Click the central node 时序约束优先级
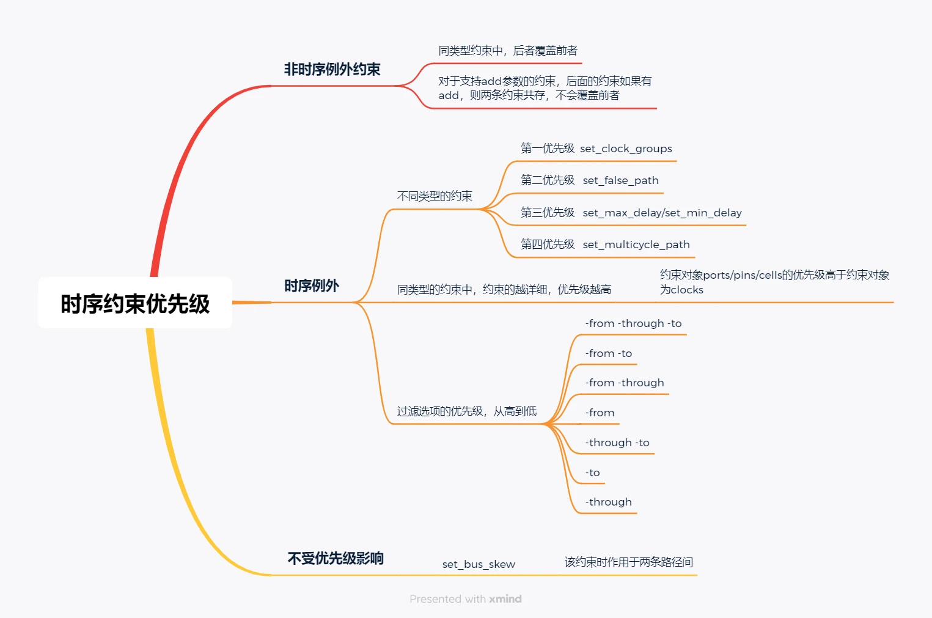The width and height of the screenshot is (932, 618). pos(135,303)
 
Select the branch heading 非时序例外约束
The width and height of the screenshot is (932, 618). pos(332,70)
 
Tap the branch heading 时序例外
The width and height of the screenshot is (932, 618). pos(312,286)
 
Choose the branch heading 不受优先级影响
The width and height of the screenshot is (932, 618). pos(336,558)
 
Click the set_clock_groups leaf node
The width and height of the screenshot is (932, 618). pos(596,149)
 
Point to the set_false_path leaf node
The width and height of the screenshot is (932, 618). pos(590,180)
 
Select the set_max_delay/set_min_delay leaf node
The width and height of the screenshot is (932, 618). pos(631,213)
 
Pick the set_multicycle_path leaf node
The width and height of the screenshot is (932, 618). pos(605,245)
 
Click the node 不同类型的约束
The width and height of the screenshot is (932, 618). pos(435,196)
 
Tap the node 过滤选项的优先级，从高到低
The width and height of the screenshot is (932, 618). pos(467,411)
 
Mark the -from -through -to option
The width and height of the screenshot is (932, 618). pos(633,323)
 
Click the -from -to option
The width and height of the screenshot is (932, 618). pos(609,353)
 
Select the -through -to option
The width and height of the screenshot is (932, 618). pos(617,443)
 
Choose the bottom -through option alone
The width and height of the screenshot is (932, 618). pos(609,502)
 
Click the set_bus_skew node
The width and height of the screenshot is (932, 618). pos(479,564)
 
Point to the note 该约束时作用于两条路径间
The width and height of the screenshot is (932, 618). pos(629,562)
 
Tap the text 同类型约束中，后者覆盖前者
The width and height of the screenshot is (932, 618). pos(508,51)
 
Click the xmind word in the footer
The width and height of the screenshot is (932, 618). pos(505,599)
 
